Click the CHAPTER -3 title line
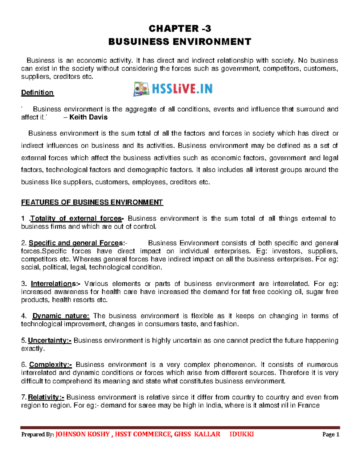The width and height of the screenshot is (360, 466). (x=180, y=29)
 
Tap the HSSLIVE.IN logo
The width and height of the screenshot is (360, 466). (x=173, y=89)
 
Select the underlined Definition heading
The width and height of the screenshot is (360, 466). (x=37, y=93)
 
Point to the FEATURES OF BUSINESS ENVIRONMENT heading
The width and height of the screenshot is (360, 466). (x=92, y=203)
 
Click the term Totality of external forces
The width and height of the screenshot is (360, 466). (x=76, y=219)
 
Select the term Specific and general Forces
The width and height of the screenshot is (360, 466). (x=76, y=243)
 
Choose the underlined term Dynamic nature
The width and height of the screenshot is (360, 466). (x=61, y=316)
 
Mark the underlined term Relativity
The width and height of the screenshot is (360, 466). (x=46, y=398)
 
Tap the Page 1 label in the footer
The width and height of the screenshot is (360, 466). (x=331, y=434)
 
